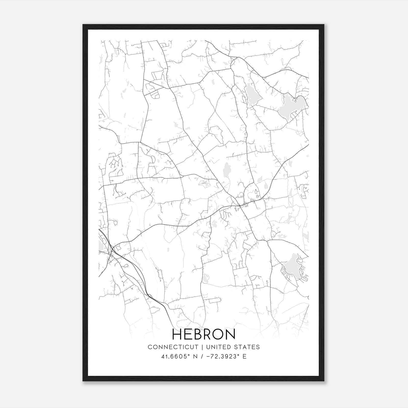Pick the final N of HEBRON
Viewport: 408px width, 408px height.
[231, 335]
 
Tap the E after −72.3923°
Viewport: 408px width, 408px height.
[245, 356]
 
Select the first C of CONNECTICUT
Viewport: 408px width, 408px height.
[150, 347]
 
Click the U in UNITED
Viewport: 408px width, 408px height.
[208, 347]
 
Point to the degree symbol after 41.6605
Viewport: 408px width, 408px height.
[189, 355]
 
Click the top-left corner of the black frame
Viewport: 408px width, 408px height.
[83, 25]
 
